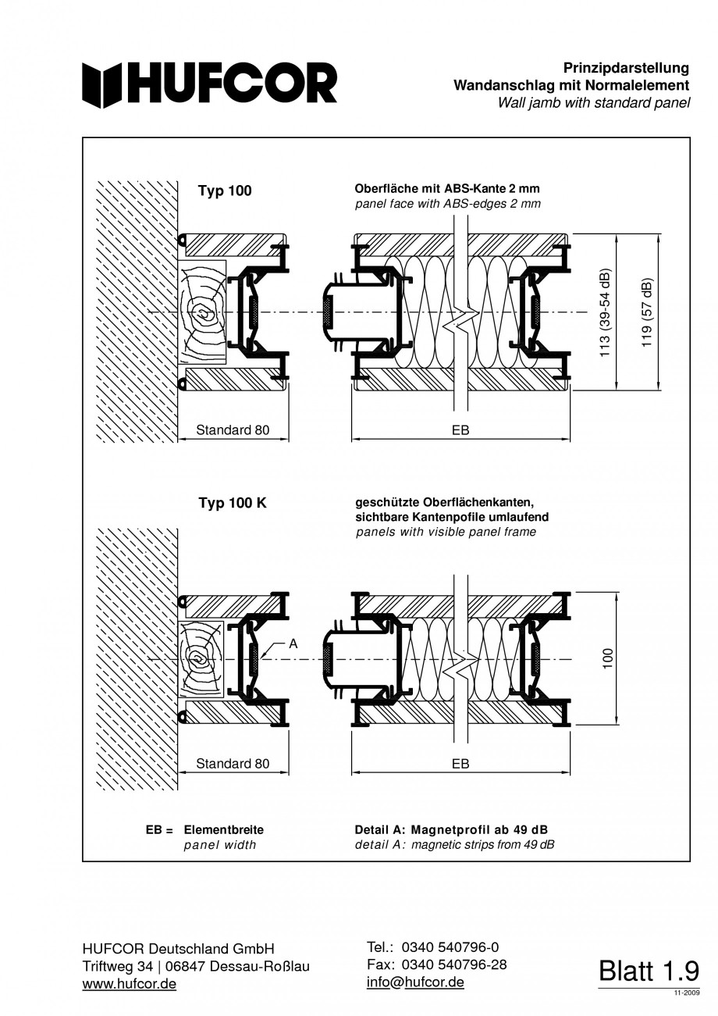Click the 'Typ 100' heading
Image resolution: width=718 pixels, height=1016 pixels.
coord(225,191)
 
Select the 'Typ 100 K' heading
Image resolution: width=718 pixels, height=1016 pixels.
coord(233,503)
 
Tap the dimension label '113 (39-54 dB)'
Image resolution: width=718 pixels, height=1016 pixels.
coord(606,313)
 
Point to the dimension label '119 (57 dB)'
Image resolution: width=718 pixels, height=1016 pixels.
coord(646,312)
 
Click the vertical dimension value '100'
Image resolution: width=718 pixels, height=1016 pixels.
coord(608,658)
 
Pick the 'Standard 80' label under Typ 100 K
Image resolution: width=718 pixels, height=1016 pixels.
coord(233,763)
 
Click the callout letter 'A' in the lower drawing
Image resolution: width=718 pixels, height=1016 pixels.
coord(293,643)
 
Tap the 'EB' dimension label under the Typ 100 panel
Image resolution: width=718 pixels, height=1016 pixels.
coord(460,430)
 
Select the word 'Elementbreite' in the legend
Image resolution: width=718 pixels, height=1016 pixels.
coord(223,829)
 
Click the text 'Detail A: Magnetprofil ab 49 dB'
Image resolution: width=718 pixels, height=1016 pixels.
coord(451,829)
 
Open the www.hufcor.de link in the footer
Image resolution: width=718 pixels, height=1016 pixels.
coord(130,983)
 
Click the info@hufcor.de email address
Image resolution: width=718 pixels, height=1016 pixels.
coord(415,982)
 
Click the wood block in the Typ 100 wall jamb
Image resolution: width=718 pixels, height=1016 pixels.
coord(201,312)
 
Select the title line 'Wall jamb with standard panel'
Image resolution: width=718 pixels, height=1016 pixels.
coord(594,103)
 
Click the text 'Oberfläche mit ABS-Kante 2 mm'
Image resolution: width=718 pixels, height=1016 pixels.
coord(447,188)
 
